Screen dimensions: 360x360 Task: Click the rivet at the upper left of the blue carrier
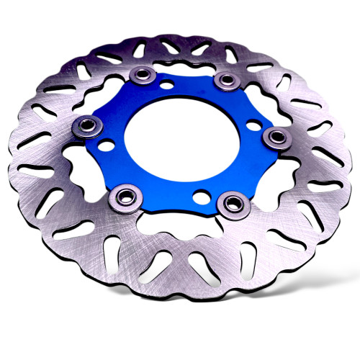pos(140,75)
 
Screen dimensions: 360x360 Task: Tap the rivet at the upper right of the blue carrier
pos(228,79)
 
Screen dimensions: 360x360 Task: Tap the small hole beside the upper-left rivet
pos(167,87)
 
